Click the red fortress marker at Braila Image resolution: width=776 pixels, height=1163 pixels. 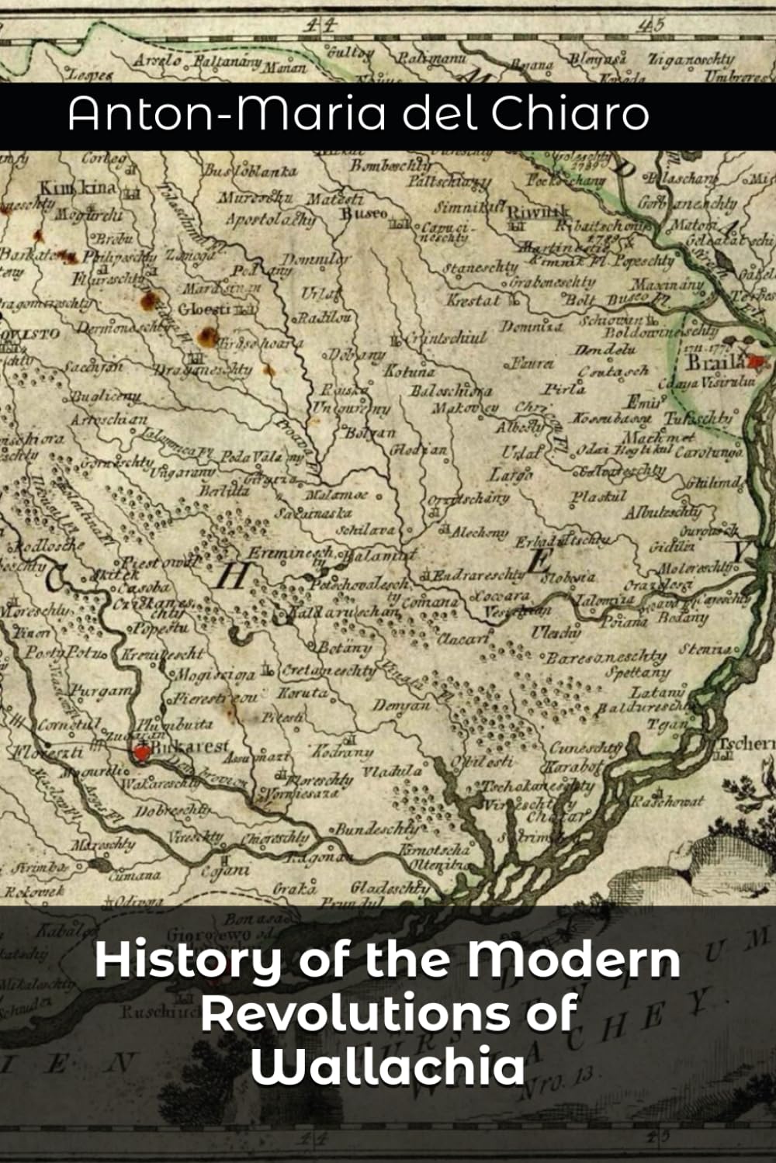[756, 361]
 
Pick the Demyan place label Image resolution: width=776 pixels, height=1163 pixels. [401, 706]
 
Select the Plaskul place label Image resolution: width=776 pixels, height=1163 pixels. [598, 497]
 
